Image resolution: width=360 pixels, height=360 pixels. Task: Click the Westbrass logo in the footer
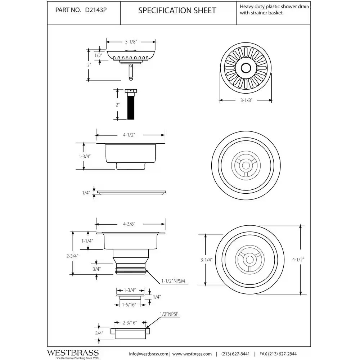pos(73,353)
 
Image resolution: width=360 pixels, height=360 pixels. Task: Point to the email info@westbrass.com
pos(149,354)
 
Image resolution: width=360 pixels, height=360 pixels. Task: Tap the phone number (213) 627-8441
pos(235,354)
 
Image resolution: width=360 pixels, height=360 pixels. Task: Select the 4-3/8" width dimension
pos(129,224)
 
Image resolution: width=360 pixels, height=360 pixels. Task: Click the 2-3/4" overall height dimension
pos(73,256)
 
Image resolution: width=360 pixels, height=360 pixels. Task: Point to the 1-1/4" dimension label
pos(87,240)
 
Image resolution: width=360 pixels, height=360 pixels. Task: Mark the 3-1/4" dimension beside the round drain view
pos(206,259)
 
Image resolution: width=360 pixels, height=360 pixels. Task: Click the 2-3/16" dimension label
pos(131,323)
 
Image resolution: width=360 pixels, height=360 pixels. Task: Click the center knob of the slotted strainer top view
pos(246,67)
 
